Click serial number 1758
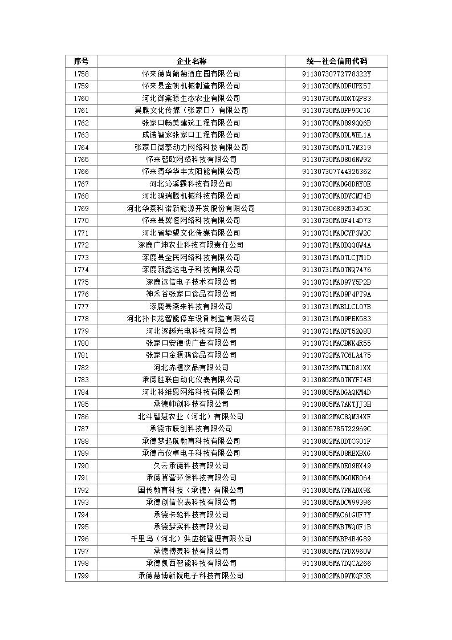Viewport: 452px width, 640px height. coord(81,74)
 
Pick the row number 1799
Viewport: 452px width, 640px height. coord(81,576)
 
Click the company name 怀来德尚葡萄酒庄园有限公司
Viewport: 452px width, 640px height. coord(191,74)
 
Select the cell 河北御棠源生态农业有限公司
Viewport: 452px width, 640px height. coord(191,98)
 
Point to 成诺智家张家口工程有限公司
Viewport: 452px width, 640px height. coord(191,135)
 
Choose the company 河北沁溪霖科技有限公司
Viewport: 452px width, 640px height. coord(191,184)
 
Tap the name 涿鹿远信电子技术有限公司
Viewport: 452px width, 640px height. coord(191,282)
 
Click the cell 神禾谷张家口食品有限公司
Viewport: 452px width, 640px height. coord(191,294)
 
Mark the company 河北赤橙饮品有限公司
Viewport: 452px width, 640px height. coord(191,367)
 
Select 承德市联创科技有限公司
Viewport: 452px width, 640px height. coord(191,428)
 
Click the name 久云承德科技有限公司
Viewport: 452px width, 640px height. coord(191,465)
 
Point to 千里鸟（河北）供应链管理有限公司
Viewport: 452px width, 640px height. coord(191,539)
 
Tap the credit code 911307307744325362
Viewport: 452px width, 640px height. coord(336,172)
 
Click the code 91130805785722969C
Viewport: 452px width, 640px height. coord(336,428)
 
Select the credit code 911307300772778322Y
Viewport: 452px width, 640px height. coord(336,74)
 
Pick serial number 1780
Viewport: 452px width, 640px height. coord(81,343)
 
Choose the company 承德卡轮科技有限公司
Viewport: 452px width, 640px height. coord(191,515)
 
